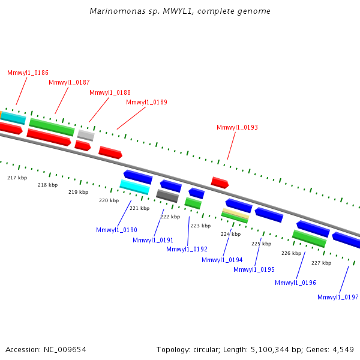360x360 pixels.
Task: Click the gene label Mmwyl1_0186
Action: [28, 73]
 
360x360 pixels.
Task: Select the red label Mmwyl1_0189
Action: [147, 102]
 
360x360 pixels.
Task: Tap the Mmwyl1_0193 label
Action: [237, 127]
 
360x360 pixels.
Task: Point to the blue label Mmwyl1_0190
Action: [116, 230]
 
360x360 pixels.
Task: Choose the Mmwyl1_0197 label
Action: [338, 297]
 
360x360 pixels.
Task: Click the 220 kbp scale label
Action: [109, 200]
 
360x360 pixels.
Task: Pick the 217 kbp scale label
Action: [17, 178]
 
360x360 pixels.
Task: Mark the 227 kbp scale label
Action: [321, 263]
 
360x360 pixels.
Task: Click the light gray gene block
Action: [86, 135]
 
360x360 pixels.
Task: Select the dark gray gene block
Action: [167, 196]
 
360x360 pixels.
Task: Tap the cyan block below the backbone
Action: [135, 187]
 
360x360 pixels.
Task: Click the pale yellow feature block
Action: [236, 213]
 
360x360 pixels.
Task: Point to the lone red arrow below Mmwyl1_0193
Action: [220, 182]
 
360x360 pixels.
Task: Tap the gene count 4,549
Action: [343, 350]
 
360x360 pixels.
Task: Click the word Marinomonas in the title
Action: [118, 11]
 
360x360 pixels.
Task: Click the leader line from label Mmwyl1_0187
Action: [62, 101]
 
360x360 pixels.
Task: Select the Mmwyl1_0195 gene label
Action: [254, 269]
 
